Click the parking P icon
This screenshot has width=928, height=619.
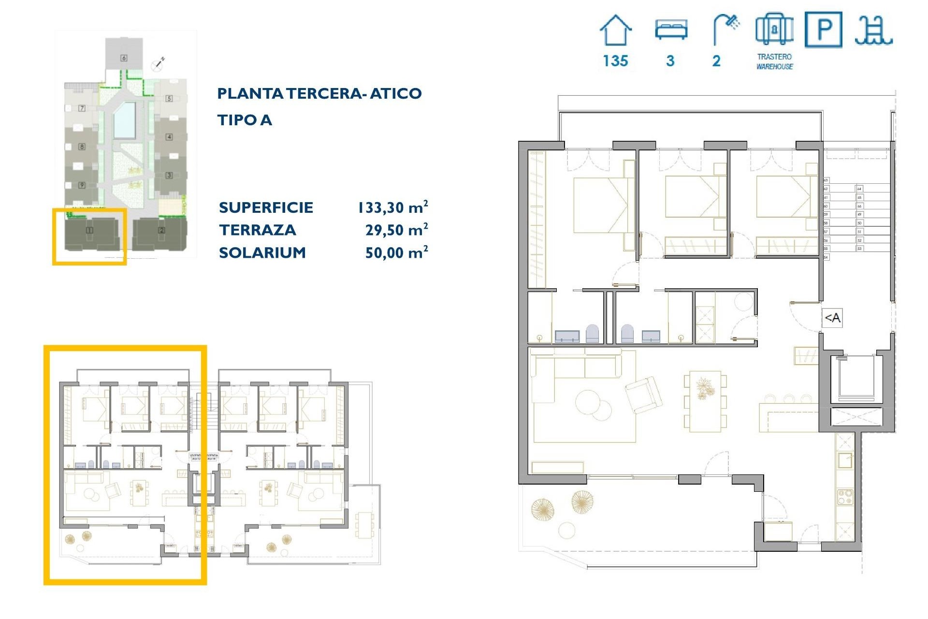[x=824, y=29]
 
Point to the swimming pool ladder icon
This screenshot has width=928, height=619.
[x=873, y=30]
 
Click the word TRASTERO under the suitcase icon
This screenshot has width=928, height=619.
[x=774, y=57]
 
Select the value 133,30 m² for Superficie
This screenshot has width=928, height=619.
[x=392, y=207]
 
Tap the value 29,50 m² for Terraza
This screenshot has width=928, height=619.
[x=396, y=230]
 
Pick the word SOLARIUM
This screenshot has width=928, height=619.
[x=262, y=252]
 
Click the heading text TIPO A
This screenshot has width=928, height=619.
[x=245, y=120]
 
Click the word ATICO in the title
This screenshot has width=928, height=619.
[x=396, y=93]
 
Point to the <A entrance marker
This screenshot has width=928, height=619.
[x=832, y=318]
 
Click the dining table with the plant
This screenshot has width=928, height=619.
[x=705, y=401]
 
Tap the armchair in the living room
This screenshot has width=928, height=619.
[x=644, y=394]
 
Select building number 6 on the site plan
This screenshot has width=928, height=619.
[x=124, y=58]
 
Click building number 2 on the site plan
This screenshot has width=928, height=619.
[x=161, y=231]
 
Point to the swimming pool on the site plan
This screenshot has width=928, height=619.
[x=124, y=120]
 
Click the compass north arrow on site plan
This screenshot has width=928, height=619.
[x=159, y=63]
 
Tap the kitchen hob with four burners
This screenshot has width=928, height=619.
[x=845, y=497]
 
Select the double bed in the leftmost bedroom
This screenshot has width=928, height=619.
[x=600, y=205]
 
